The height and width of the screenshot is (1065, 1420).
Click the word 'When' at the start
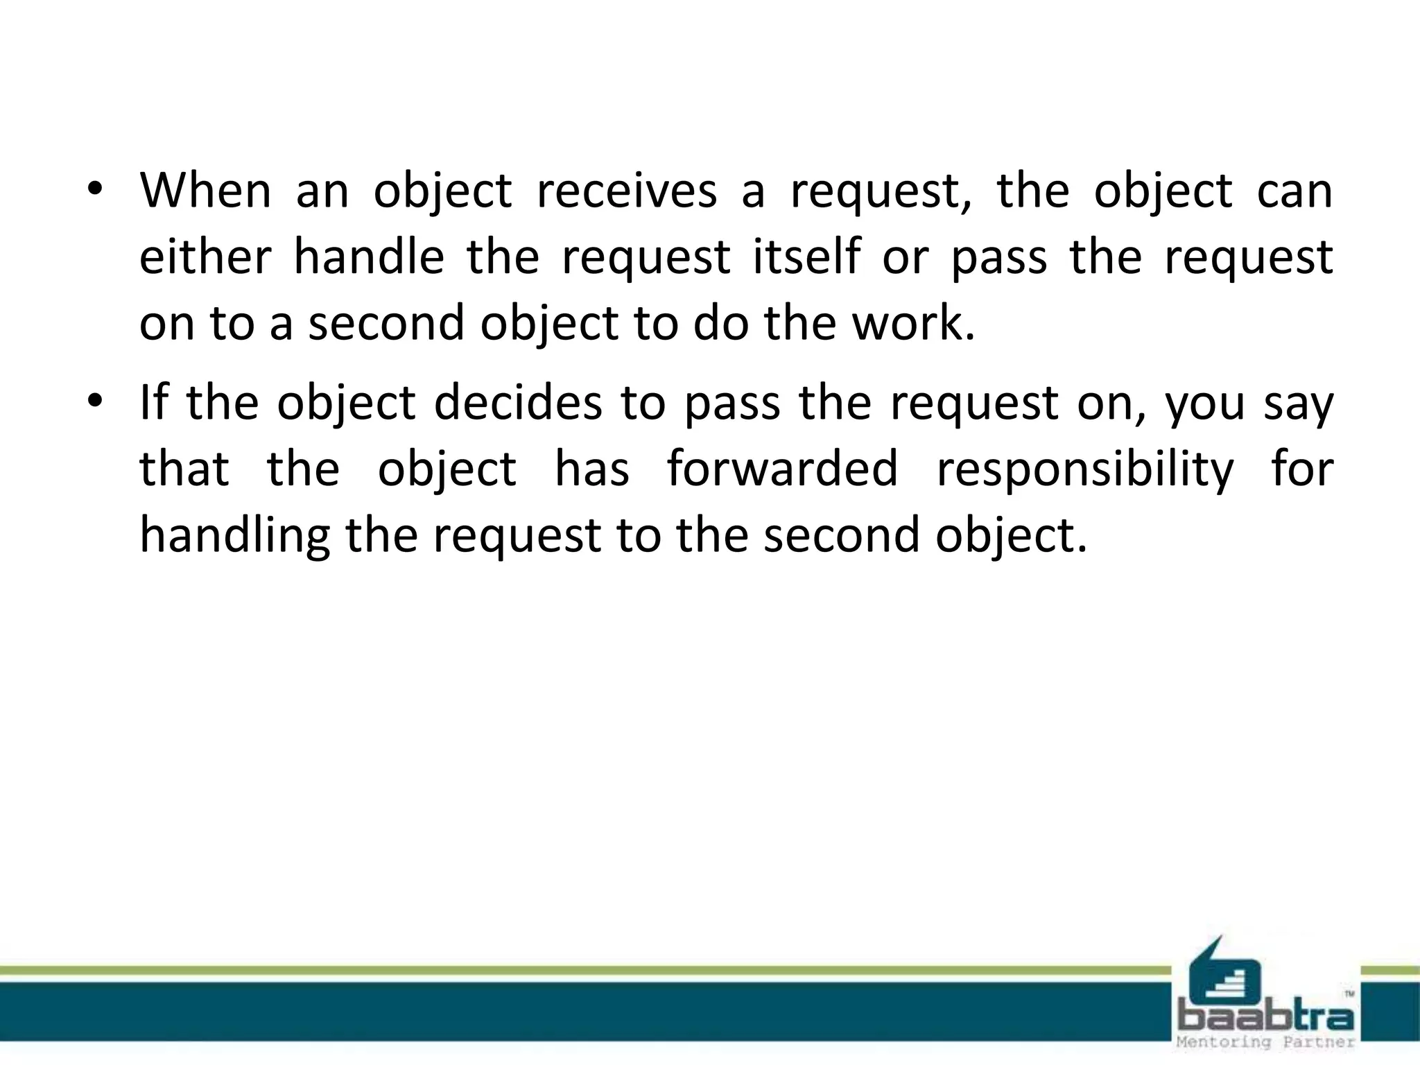click(x=205, y=191)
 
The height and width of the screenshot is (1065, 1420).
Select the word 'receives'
click(x=627, y=191)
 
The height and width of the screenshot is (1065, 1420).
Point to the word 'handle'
click(x=369, y=257)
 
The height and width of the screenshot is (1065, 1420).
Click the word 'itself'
click(x=806, y=257)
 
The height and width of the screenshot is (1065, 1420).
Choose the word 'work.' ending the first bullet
click(x=914, y=324)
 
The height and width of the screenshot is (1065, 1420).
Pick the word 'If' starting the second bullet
click(x=153, y=403)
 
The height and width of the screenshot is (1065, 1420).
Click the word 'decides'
click(x=518, y=403)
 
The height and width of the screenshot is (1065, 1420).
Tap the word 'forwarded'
click(x=783, y=469)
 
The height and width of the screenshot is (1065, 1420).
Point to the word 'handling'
click(x=234, y=536)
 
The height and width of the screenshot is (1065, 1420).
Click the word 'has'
click(x=592, y=469)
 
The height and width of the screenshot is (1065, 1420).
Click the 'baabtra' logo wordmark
click(x=1266, y=1018)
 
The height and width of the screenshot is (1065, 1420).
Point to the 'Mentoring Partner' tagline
click(x=1266, y=1042)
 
